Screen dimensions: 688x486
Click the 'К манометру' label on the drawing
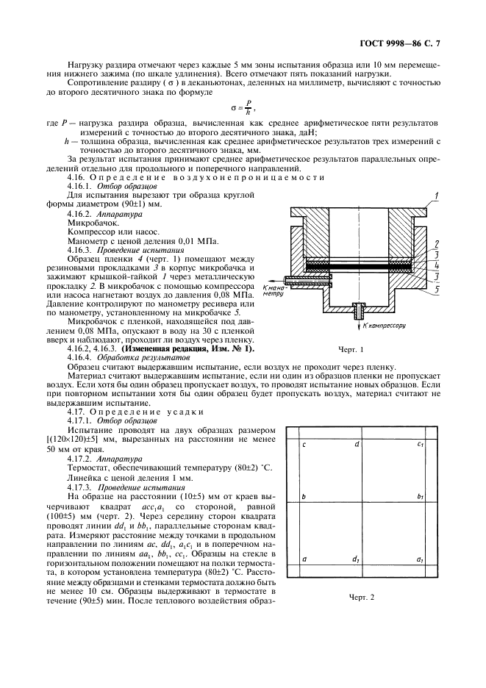coord(273,289)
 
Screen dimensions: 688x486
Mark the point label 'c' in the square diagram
coord(304,445)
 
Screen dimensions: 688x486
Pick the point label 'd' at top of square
coord(357,444)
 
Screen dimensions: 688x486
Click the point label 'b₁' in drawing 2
coord(421,498)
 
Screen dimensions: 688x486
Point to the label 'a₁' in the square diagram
coord(420,560)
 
